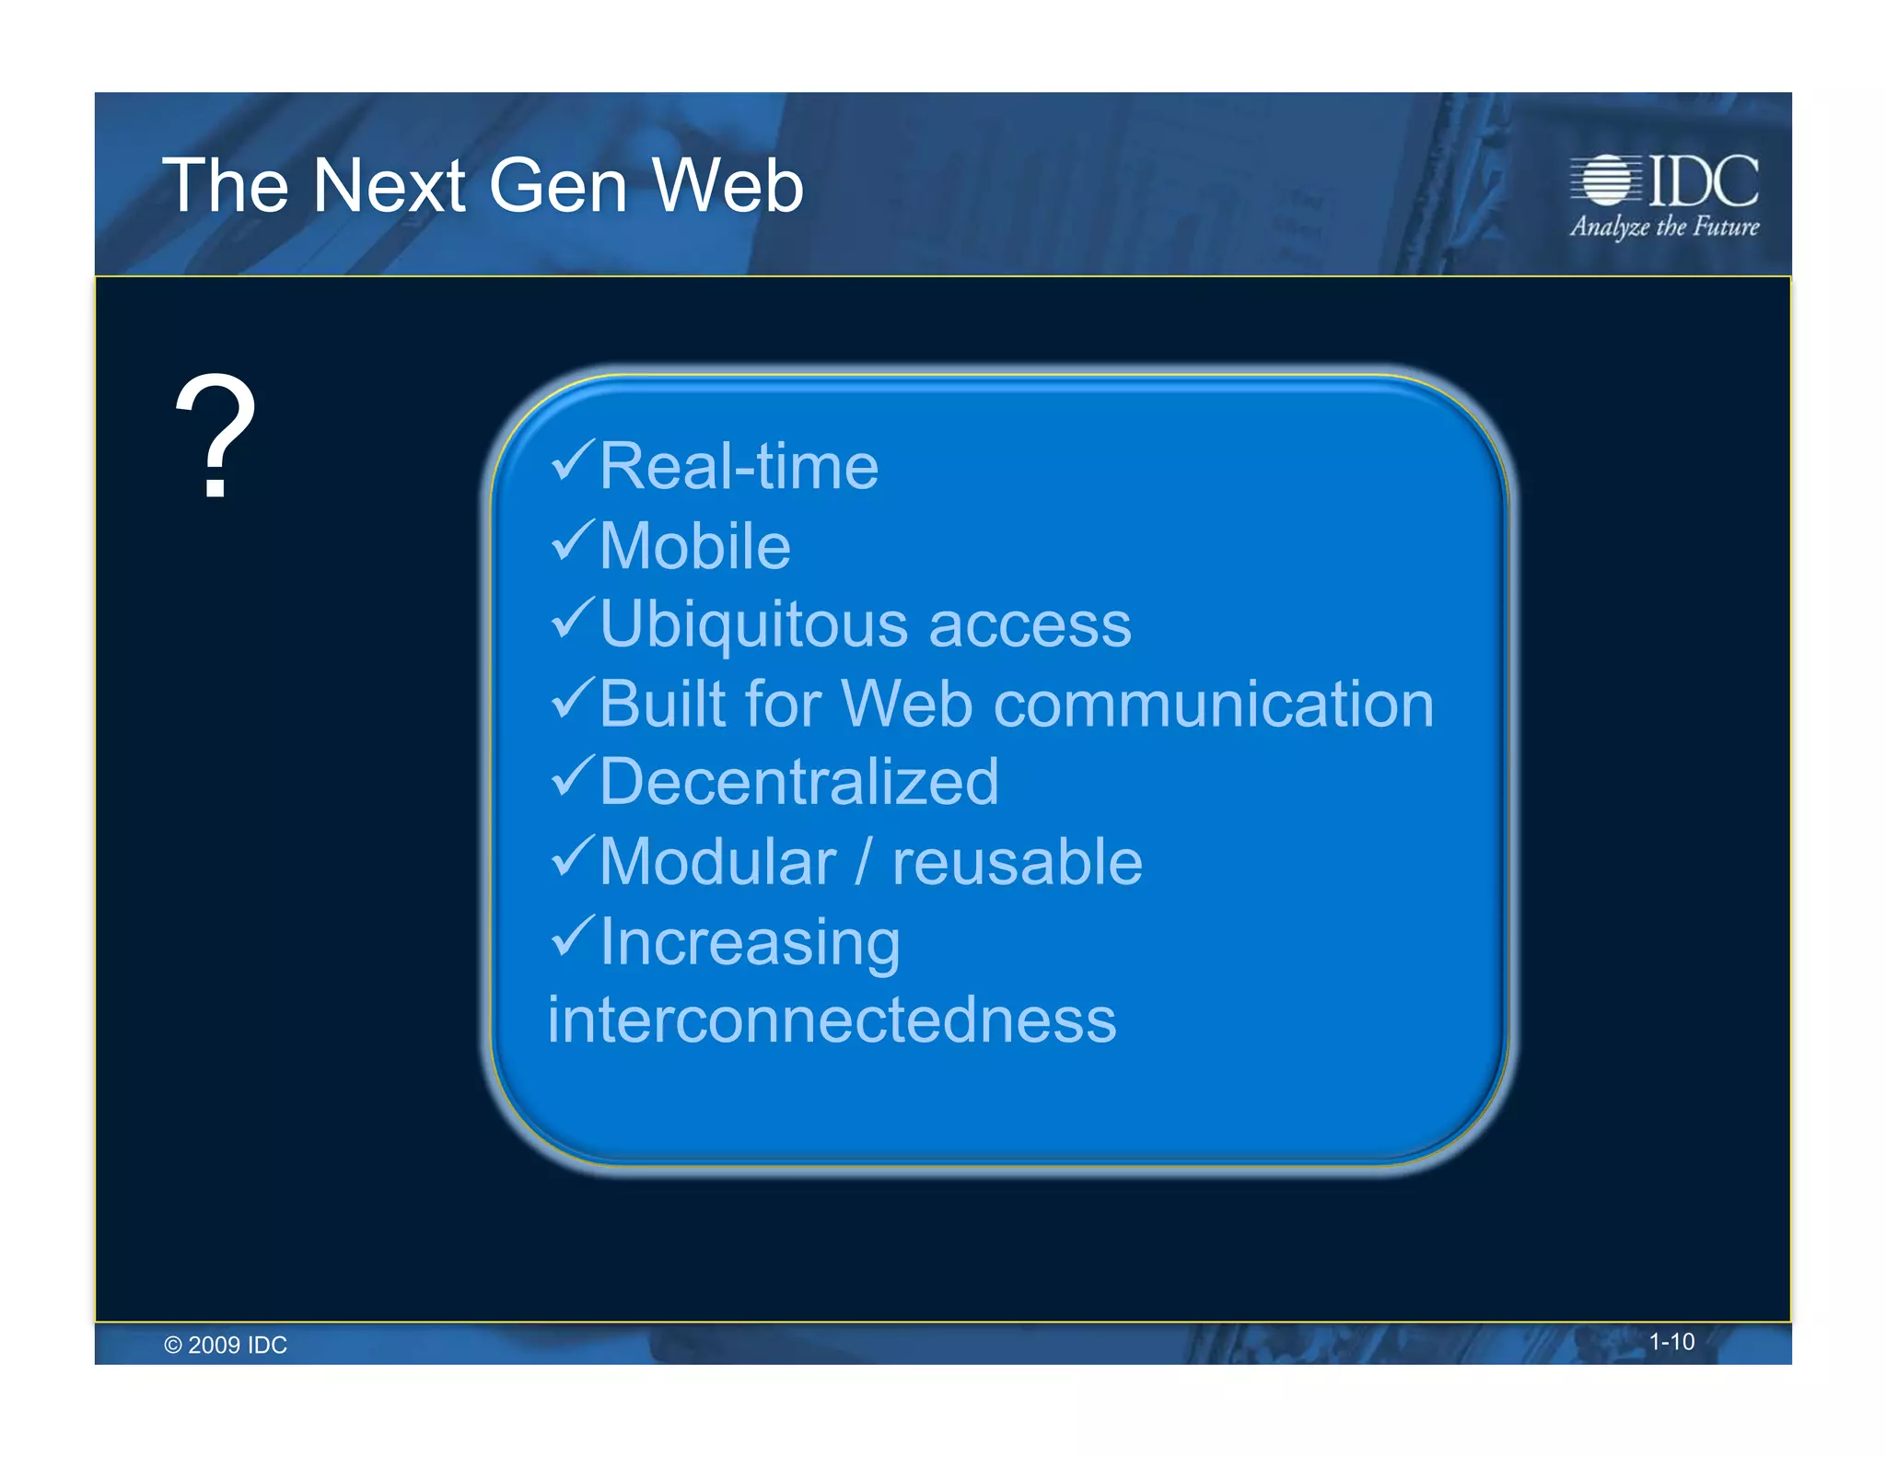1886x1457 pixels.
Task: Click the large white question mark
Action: pos(215,435)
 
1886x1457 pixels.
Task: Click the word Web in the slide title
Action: pos(728,186)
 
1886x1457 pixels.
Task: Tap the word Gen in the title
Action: pos(558,186)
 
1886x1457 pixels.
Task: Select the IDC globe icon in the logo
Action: pos(1604,180)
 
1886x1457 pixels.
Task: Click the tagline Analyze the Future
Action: pos(1664,227)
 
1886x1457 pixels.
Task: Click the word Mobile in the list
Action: pos(695,546)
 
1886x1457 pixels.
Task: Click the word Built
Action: pos(662,705)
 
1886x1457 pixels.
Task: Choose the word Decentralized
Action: pos(798,783)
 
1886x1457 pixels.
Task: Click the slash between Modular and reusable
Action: pos(863,863)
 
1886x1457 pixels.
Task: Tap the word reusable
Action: pos(1017,863)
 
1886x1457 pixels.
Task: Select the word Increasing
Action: pos(750,943)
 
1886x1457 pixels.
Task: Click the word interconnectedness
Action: pos(832,1020)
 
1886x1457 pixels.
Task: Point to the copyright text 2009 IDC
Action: pos(226,1345)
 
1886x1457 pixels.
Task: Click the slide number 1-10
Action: pos(1671,1342)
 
